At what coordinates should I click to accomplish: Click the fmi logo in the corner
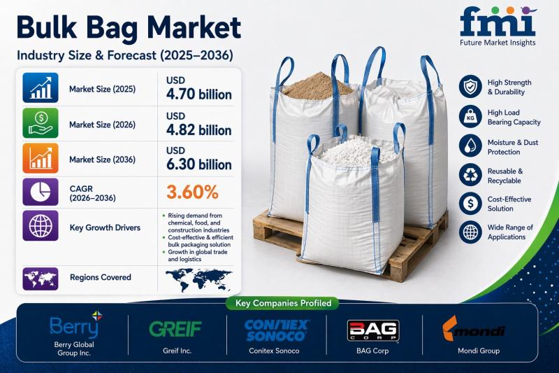[x=498, y=27]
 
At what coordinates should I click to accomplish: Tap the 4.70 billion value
[x=199, y=94]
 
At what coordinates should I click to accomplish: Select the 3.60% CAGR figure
[x=192, y=192]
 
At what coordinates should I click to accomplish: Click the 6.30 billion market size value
[x=199, y=164]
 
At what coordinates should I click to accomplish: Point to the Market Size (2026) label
[x=102, y=125]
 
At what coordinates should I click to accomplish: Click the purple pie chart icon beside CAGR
[x=41, y=192]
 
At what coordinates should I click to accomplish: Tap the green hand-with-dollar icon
[x=41, y=123]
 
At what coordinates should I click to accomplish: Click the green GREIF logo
[x=175, y=329]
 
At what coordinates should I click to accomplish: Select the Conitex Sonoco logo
[x=276, y=330]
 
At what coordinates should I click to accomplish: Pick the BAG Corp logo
[x=373, y=330]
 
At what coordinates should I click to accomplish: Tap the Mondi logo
[x=474, y=328]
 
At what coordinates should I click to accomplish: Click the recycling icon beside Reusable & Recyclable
[x=470, y=175]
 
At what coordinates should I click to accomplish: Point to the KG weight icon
[x=470, y=116]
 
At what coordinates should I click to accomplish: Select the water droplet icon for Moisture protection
[x=470, y=146]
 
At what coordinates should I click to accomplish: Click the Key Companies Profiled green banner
[x=283, y=304]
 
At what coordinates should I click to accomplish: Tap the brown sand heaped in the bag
[x=317, y=86]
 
